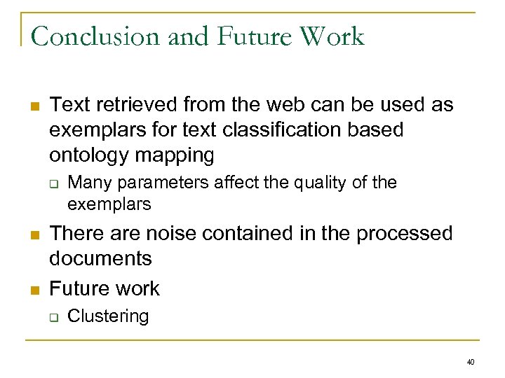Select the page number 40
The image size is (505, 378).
pos(470,362)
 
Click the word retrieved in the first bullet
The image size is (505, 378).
pos(138,106)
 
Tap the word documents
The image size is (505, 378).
pos(100,258)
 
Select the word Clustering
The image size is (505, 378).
pos(108,316)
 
